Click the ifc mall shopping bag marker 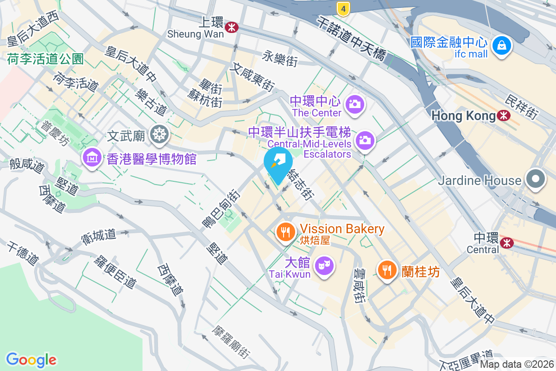(502, 45)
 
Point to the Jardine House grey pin (536, 179)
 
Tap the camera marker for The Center (355, 104)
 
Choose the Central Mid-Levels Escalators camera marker (365, 139)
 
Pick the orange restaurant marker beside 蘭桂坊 (387, 269)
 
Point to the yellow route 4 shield (343, 7)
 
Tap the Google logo (31, 360)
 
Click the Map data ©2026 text (517, 365)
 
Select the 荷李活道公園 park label (45, 59)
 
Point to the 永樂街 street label (279, 59)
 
